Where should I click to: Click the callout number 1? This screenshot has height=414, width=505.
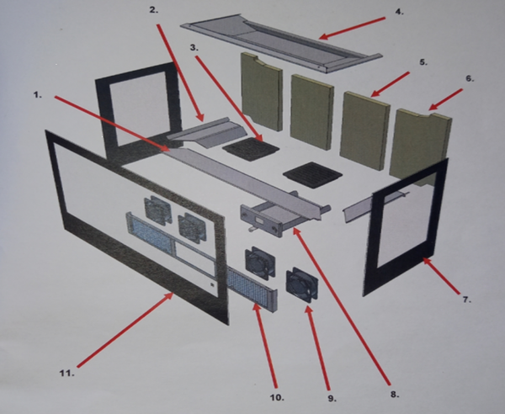click(38, 95)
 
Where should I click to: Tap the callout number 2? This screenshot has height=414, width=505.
click(154, 10)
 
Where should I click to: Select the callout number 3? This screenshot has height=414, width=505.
click(194, 48)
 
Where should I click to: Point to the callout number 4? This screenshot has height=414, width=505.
click(399, 12)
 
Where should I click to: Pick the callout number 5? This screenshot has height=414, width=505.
click(423, 62)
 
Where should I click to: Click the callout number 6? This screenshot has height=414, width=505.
click(470, 78)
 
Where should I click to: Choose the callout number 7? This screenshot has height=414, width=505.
click(466, 300)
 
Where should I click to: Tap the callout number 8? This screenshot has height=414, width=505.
click(395, 395)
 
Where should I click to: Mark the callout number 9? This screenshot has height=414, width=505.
click(332, 398)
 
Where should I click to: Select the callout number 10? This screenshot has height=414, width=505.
click(277, 397)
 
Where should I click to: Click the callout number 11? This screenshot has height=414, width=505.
click(67, 373)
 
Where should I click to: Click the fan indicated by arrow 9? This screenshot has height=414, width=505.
click(302, 285)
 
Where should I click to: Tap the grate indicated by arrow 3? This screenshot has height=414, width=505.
click(251, 149)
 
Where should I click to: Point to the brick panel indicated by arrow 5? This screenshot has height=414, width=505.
click(365, 130)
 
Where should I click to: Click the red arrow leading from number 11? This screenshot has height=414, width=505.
click(125, 330)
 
